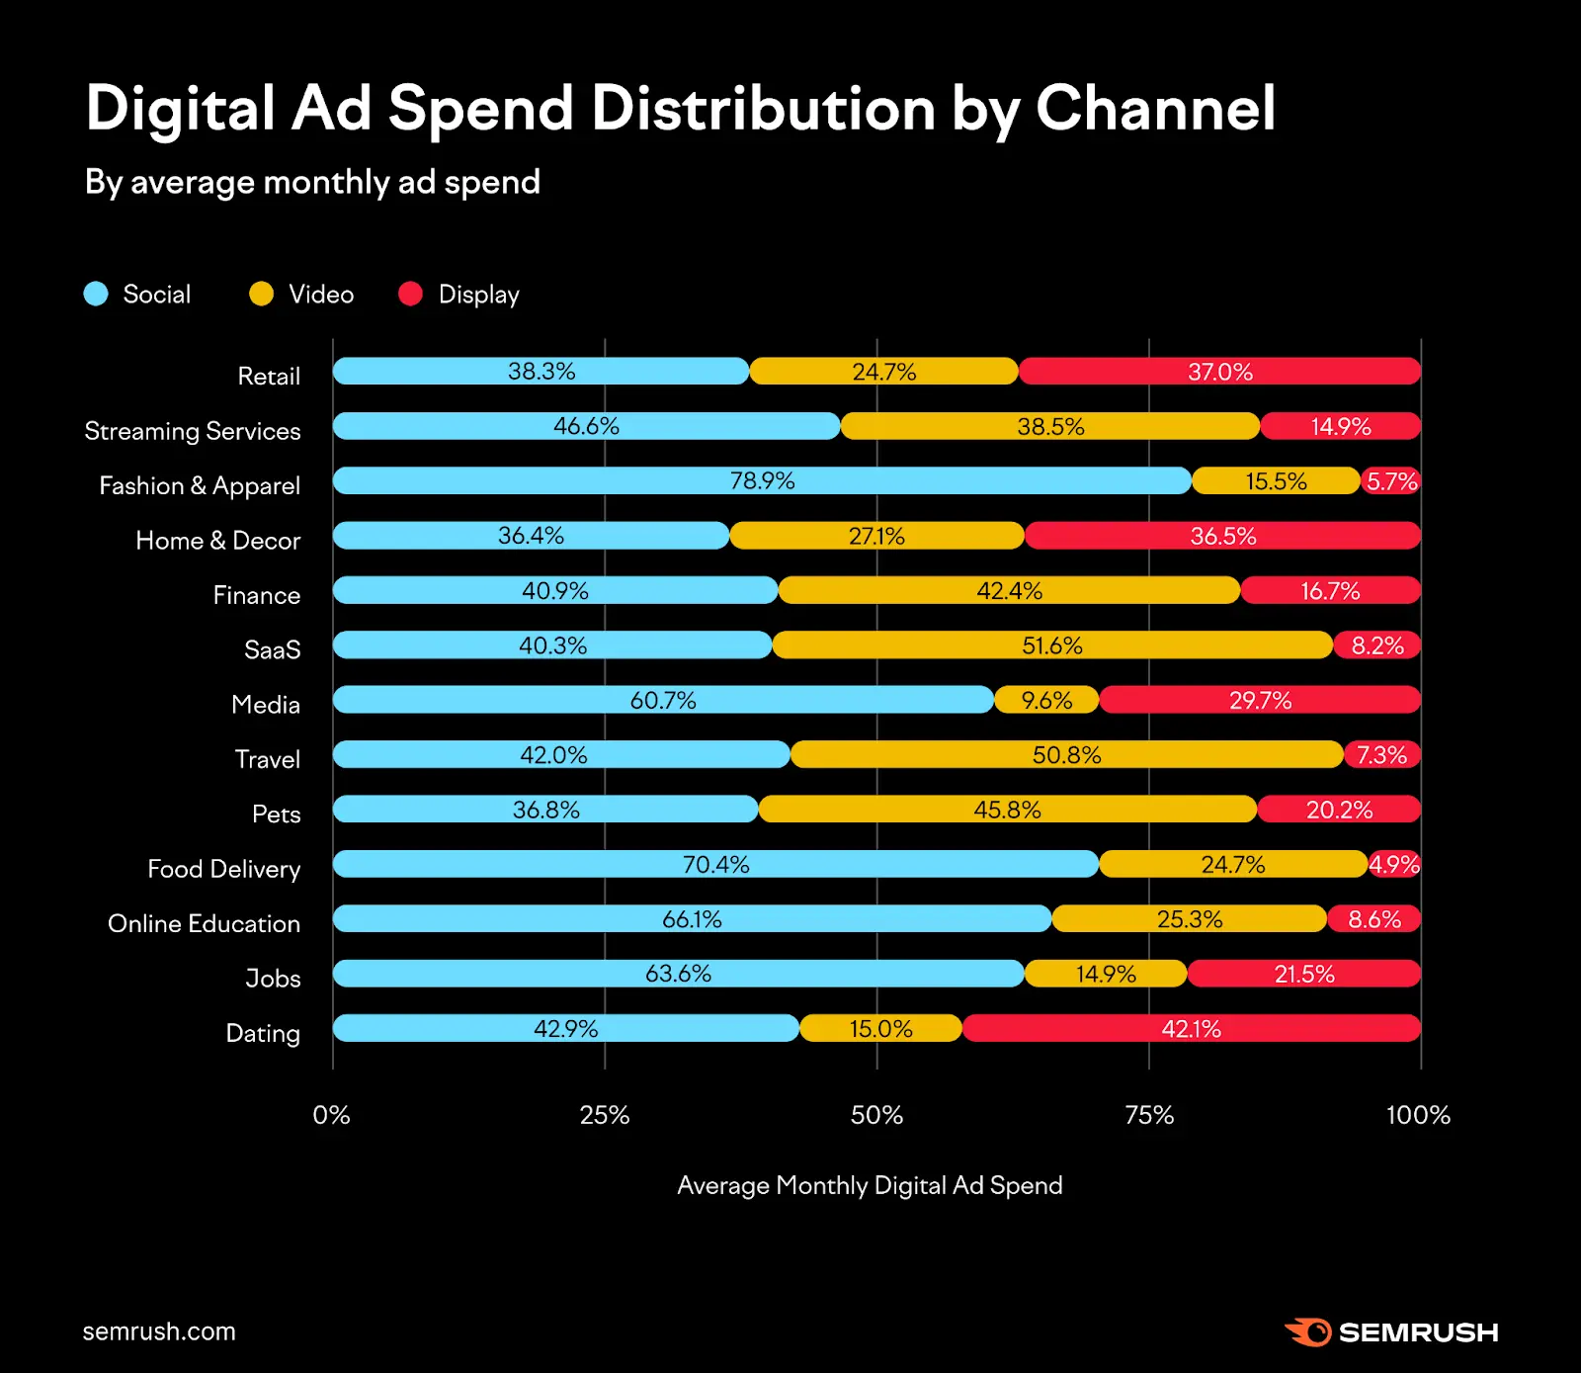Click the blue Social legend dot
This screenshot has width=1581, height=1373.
point(96,294)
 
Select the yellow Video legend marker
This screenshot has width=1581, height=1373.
point(261,294)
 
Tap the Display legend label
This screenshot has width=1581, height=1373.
point(478,295)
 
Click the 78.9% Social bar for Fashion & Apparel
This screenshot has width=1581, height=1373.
point(762,480)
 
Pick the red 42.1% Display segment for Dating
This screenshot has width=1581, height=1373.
point(1191,1028)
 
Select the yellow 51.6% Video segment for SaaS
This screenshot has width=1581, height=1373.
point(1052,645)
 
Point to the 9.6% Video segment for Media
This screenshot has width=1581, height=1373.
point(1046,700)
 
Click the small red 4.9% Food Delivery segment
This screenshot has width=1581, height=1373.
point(1394,864)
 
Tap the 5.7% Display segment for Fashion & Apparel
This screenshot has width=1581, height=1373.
point(1391,481)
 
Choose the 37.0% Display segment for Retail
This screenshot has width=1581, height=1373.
point(1219,372)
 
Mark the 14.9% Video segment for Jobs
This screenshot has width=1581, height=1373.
point(1106,974)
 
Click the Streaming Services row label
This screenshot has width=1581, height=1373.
point(193,431)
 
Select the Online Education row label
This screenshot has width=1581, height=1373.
point(204,923)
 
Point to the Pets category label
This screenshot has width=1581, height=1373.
point(276,814)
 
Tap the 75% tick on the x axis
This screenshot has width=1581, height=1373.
point(1149,1115)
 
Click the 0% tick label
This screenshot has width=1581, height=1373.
point(332,1115)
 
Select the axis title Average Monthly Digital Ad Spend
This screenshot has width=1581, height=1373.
point(870,1185)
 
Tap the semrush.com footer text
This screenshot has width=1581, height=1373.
point(159,1331)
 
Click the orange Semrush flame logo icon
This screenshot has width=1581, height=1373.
point(1308,1331)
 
